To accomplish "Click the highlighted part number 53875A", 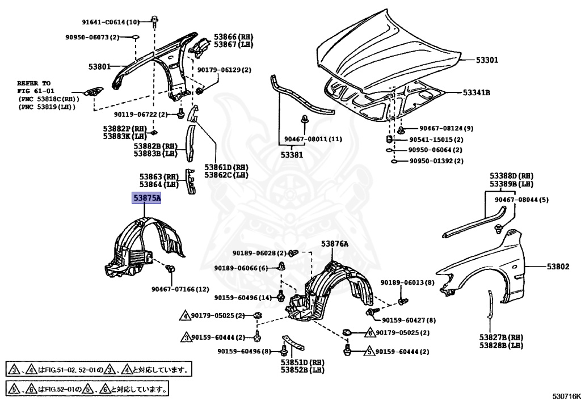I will [146, 198].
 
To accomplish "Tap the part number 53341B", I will [477, 92].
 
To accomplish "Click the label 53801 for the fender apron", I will [99, 66].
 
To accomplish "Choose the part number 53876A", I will [335, 244].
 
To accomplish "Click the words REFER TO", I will [33, 83].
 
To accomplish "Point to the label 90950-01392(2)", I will [436, 161].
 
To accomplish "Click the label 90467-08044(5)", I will [521, 200].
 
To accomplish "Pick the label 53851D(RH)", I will [302, 362].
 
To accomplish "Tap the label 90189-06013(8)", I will [407, 283].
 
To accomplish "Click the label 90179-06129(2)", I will [224, 70].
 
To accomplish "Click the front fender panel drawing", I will [499, 267].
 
